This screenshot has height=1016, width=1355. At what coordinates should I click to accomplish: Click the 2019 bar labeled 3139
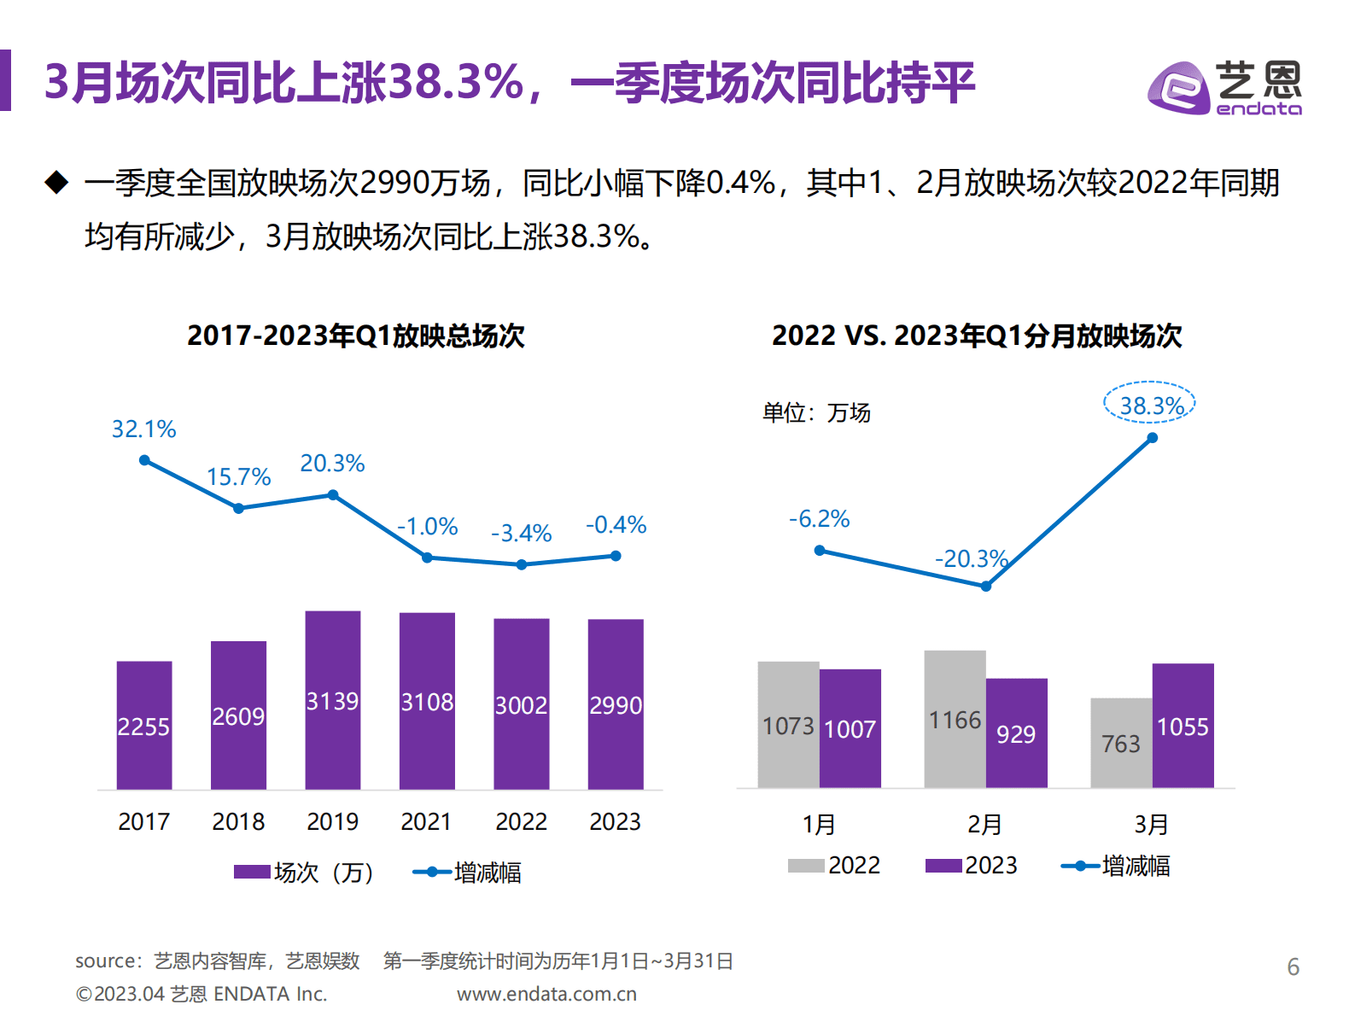(332, 700)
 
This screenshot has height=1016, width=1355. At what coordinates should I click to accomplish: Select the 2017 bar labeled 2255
(143, 726)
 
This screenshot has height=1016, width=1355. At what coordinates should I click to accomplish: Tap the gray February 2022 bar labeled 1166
(955, 719)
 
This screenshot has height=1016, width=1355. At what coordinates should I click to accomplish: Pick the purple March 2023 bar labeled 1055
(1183, 726)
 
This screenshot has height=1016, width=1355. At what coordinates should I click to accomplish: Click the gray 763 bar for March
(1120, 743)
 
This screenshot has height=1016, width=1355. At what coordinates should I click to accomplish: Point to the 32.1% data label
(143, 429)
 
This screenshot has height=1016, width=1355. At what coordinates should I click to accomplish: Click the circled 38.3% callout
(1150, 405)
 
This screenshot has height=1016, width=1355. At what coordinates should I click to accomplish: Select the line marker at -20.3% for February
(985, 587)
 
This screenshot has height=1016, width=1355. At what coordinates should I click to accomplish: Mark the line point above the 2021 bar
(427, 558)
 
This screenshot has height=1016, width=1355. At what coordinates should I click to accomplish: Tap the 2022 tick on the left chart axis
(521, 821)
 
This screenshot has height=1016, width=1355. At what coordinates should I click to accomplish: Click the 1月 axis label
(818, 825)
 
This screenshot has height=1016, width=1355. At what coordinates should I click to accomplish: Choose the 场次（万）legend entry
(305, 873)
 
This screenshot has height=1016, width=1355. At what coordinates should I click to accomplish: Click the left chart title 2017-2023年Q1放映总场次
(355, 336)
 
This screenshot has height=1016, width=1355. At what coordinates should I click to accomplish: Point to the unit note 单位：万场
(816, 413)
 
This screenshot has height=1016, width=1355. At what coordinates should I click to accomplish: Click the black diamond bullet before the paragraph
(56, 182)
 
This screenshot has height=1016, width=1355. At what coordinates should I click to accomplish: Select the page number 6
(1293, 966)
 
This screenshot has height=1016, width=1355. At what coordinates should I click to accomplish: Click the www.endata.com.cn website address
(546, 994)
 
